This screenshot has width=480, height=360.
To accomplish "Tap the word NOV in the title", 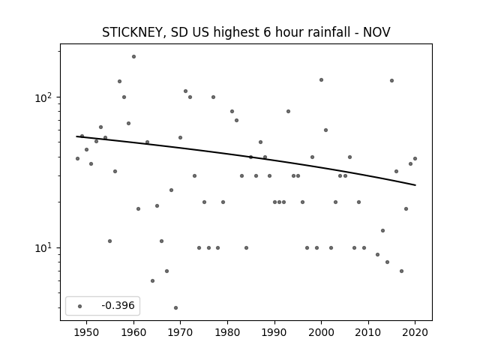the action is tap(376, 32).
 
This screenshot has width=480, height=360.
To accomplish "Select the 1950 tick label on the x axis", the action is tap(87, 332).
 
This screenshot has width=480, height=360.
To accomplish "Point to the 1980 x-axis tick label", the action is tap(227, 332).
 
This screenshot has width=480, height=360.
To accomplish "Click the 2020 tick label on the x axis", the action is tap(415, 332).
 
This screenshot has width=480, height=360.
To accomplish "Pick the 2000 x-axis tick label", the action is tap(322, 332).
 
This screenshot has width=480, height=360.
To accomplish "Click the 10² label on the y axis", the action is tap(45, 97).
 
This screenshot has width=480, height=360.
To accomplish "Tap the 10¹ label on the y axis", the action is tap(45, 248).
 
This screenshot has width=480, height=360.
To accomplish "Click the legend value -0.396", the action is tap(118, 305).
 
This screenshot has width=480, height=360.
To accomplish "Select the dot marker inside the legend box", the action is tap(80, 306).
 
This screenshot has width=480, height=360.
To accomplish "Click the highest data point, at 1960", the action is tap(133, 57).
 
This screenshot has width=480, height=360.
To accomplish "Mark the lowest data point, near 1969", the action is tap(175, 307).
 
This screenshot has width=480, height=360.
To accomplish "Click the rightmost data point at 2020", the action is tap(415, 158).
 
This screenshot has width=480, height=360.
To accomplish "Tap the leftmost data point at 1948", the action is tap(77, 158).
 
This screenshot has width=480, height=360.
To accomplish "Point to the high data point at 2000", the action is tap(322, 80).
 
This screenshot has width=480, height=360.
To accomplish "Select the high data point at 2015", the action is tap(391, 80).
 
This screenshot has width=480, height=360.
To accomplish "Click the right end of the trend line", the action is tap(415, 185).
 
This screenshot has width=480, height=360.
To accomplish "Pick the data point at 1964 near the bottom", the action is tap(152, 280).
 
